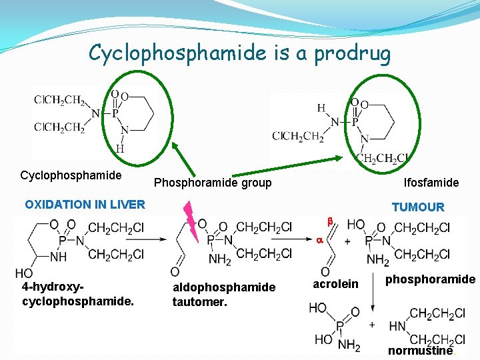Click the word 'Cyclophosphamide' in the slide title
point(175,53)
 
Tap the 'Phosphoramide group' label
point(213,183)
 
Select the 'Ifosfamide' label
point(431,182)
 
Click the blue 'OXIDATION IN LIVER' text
point(85,205)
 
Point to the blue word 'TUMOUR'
point(418,207)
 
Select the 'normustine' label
point(420,351)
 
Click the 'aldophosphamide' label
point(223,287)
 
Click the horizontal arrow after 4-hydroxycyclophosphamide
point(158,238)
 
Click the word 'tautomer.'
point(201,301)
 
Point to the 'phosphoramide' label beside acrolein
point(430,279)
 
